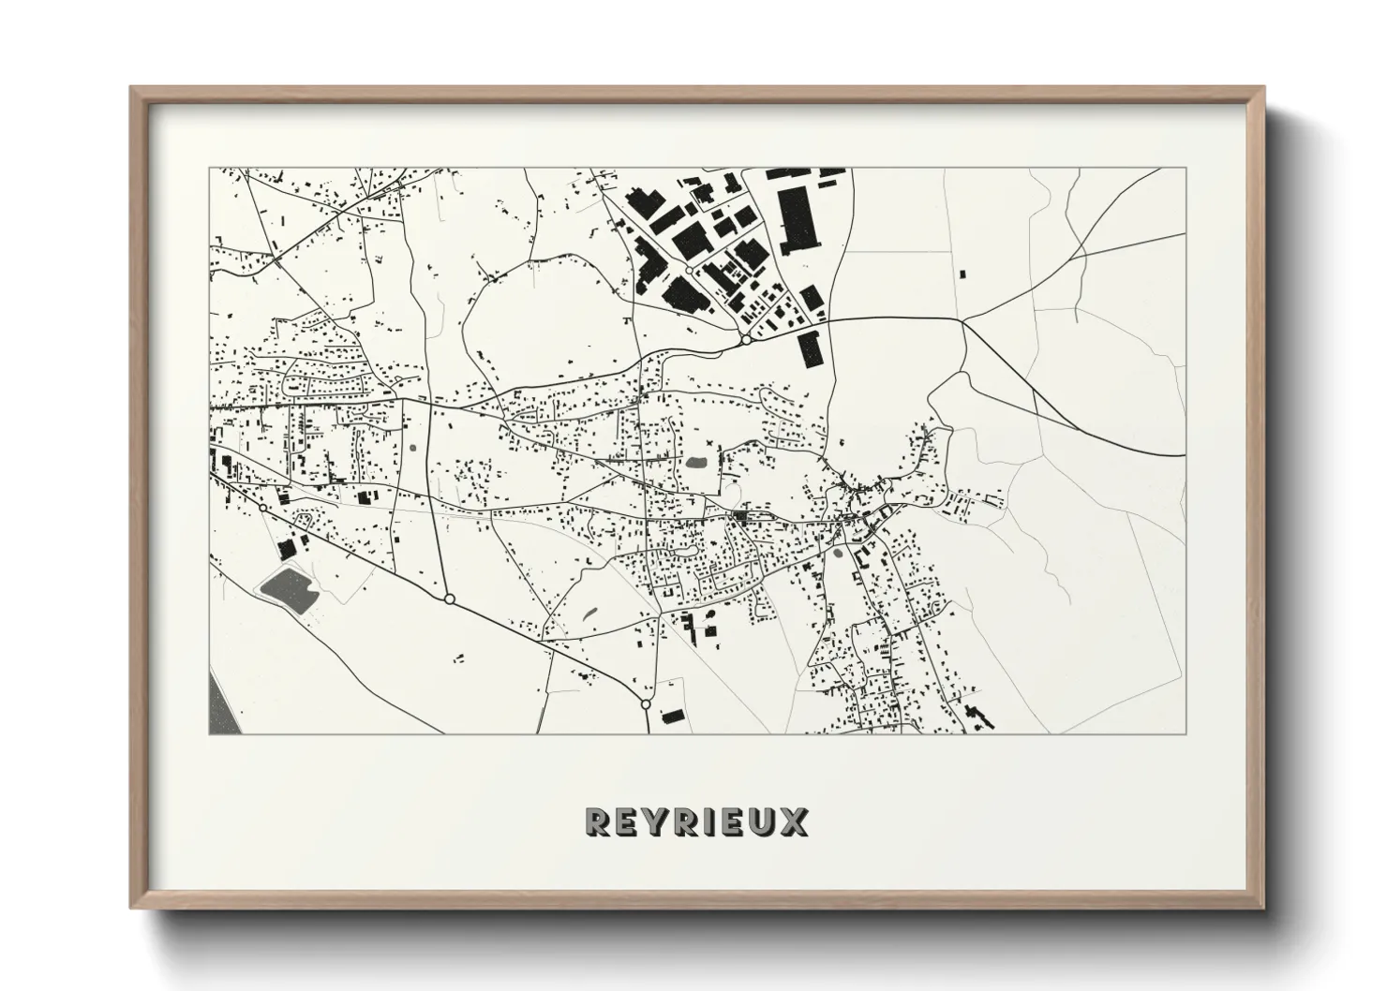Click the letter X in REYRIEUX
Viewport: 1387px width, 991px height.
792,821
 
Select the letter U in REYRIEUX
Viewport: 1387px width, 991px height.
761,821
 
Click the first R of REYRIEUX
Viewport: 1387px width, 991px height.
597,821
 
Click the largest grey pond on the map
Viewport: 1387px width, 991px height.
288,587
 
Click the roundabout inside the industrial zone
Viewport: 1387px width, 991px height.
690,271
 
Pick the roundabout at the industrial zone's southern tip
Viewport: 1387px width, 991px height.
746,341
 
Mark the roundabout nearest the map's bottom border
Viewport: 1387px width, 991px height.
645,703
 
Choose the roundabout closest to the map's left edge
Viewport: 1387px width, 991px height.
262,508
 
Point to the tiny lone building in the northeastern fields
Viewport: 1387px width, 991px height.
962,274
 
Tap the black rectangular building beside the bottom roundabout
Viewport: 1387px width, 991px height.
673,717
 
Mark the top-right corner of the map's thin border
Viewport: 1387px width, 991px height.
1187,169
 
